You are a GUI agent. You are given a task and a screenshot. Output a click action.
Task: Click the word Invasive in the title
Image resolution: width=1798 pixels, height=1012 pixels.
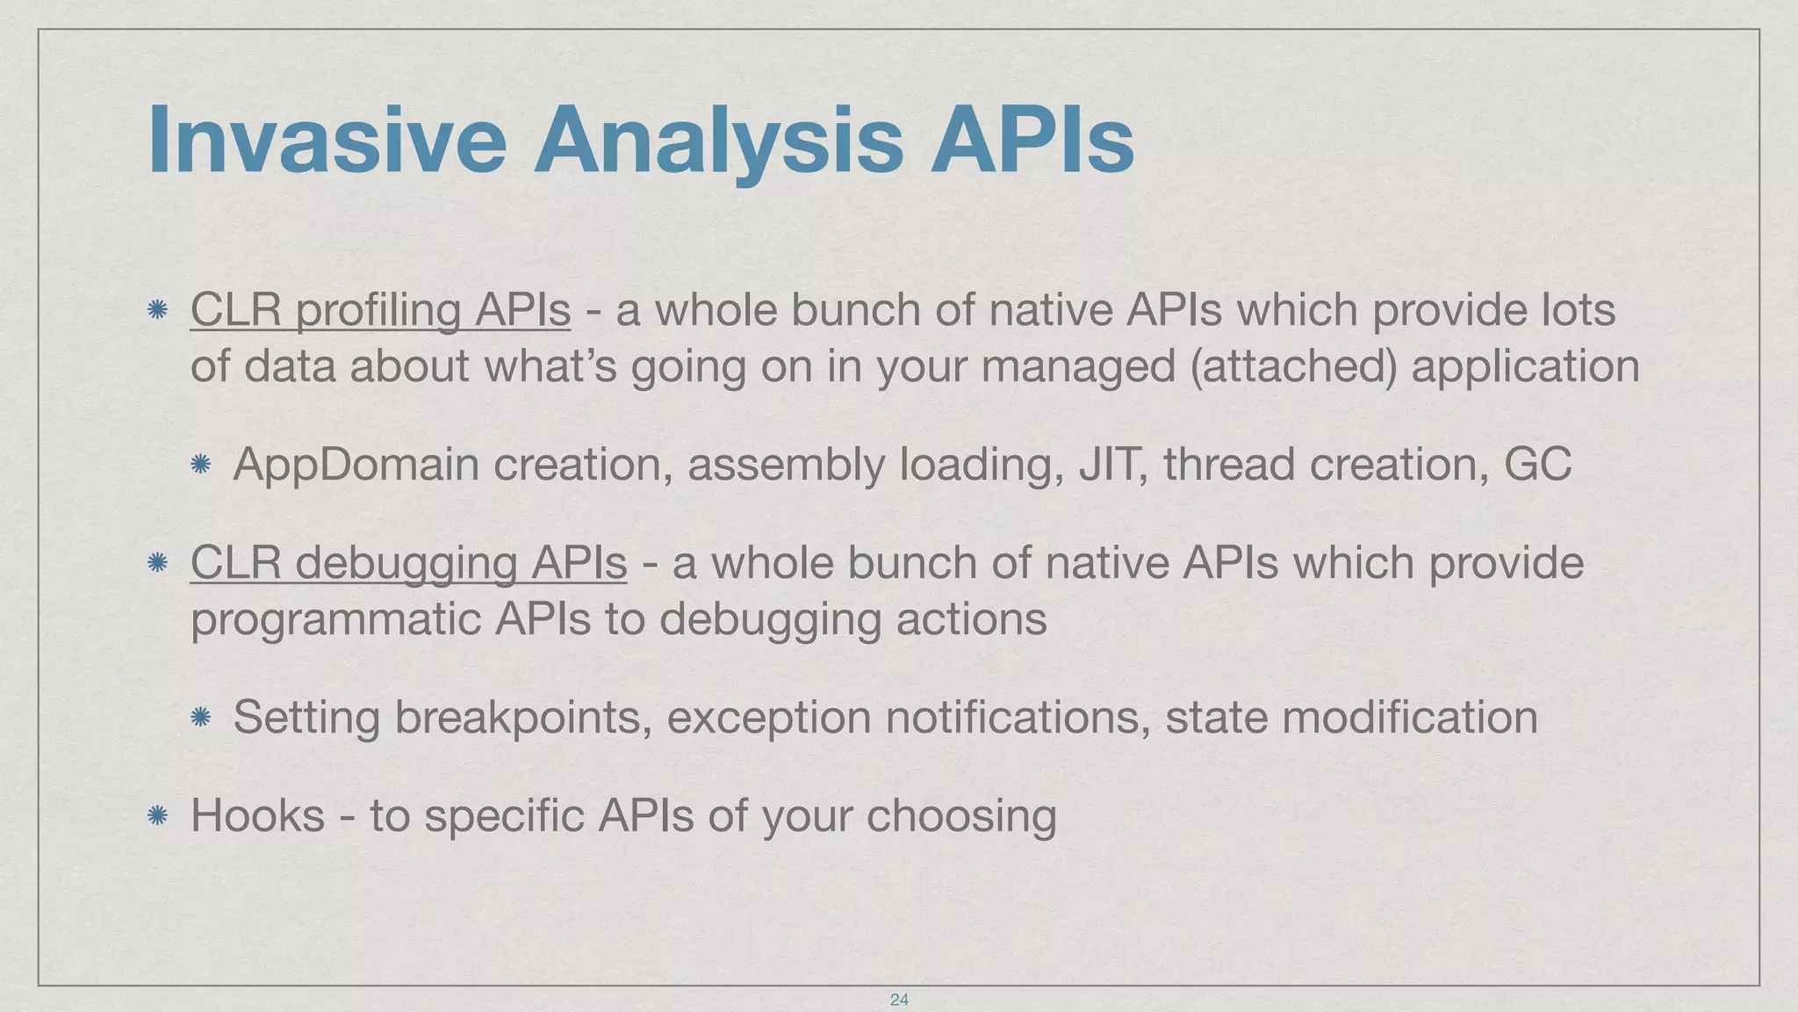(x=327, y=141)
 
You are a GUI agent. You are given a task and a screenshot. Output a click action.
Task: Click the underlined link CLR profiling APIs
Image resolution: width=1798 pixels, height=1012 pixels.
(x=380, y=310)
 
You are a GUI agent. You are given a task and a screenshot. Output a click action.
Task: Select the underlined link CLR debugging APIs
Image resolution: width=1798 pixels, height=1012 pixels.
(x=408, y=563)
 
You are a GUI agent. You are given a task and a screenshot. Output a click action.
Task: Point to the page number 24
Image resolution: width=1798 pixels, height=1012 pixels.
(x=899, y=999)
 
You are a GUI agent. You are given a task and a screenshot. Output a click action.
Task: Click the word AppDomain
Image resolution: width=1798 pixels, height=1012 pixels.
(x=356, y=465)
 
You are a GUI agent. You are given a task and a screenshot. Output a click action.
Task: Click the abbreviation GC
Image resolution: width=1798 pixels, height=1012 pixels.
(x=1537, y=465)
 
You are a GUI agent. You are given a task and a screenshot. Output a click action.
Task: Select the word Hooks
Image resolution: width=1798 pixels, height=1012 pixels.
(x=257, y=815)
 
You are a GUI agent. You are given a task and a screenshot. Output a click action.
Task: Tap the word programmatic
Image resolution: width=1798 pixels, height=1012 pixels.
(x=334, y=619)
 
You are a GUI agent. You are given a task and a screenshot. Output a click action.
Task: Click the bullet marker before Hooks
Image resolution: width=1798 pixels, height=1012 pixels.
(x=158, y=815)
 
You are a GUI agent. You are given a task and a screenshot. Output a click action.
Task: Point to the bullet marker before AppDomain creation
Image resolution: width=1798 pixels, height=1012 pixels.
(x=200, y=464)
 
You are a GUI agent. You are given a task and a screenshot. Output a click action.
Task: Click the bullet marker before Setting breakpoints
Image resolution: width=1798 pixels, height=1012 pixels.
(x=200, y=717)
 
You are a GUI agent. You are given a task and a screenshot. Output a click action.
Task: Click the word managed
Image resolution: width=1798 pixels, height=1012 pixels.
(x=1078, y=366)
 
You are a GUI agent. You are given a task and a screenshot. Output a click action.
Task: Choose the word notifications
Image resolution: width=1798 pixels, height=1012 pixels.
(x=1018, y=718)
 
